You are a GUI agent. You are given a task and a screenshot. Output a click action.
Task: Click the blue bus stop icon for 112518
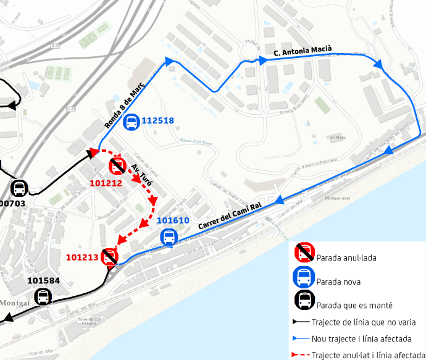(132, 122)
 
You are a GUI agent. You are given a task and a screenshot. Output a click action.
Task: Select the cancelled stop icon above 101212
(117, 165)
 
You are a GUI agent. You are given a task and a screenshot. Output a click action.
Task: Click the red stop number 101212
(106, 183)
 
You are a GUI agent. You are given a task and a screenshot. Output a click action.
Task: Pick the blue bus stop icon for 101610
(168, 237)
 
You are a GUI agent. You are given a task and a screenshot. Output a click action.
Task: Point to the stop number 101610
(173, 220)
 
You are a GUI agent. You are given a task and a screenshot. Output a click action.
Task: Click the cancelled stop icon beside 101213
(110, 256)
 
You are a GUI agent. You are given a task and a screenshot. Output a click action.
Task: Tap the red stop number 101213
(82, 257)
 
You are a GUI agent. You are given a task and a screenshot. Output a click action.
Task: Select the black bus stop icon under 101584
(43, 298)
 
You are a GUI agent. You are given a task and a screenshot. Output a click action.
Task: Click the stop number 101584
(43, 282)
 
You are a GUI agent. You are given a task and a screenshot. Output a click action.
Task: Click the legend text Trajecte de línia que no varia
(363, 322)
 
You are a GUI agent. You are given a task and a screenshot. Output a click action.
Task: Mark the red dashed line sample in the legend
(300, 355)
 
